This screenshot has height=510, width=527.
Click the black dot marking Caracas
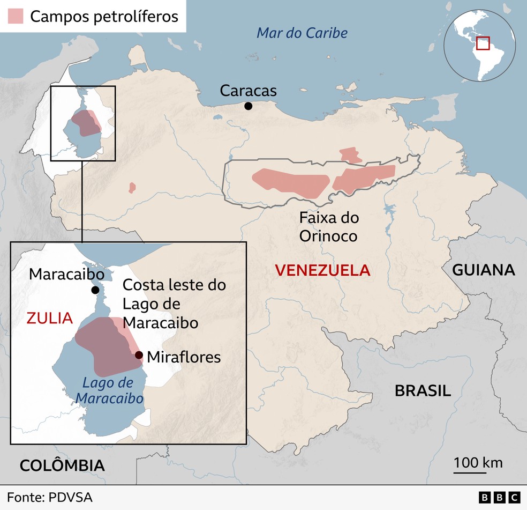click(x=248, y=106)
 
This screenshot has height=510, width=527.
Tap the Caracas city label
click(x=248, y=91)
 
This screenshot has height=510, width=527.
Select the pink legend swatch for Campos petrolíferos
click(x=15, y=16)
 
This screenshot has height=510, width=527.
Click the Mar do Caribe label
click(x=302, y=33)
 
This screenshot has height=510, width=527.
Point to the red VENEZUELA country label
click(x=322, y=270)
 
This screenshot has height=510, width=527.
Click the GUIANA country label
click(x=484, y=270)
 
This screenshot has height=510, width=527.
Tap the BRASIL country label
click(x=423, y=390)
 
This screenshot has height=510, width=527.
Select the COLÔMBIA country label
click(x=62, y=465)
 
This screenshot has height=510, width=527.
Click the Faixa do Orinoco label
click(x=329, y=227)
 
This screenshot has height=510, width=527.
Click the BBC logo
click(x=499, y=498)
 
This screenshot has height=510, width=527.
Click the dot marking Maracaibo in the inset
click(x=95, y=290)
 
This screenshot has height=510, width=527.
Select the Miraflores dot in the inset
click(x=139, y=355)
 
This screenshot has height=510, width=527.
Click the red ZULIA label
click(x=49, y=318)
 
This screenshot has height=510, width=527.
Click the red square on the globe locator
click(x=484, y=43)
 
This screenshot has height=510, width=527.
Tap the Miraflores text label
click(x=184, y=357)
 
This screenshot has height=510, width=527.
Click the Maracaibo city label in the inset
click(x=66, y=274)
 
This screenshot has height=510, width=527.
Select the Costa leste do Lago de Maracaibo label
click(x=174, y=304)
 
